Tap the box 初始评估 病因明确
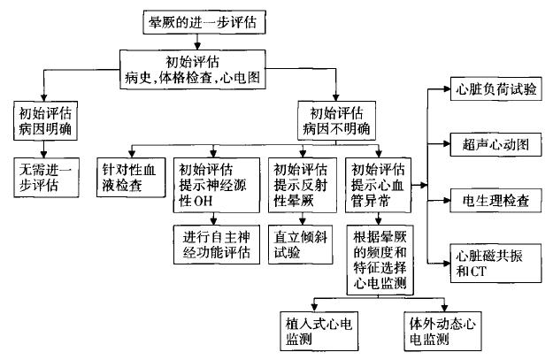pos(43,122)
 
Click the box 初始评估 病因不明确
pos(337,121)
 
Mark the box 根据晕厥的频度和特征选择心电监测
pos(381,261)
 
